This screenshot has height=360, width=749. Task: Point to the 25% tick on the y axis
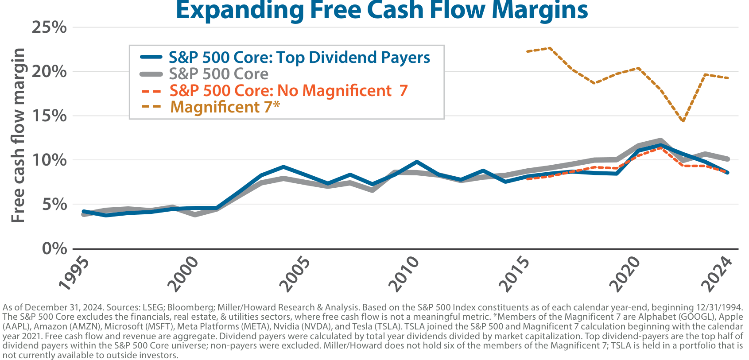tap(49, 27)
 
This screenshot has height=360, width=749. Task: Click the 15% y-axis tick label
tap(49, 116)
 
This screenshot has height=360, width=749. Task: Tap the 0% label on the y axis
tap(54, 248)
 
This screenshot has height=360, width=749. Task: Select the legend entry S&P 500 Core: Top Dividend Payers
tap(299, 58)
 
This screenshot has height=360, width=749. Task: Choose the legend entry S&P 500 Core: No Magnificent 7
tap(288, 91)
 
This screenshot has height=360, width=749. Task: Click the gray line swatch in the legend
tap(151, 74)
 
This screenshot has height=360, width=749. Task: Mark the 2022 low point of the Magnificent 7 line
tap(683, 121)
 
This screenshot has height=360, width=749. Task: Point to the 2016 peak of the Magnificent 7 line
tap(550, 48)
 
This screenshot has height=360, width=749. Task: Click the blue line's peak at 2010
tap(416, 162)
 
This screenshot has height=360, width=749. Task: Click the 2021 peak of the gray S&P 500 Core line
tap(660, 141)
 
